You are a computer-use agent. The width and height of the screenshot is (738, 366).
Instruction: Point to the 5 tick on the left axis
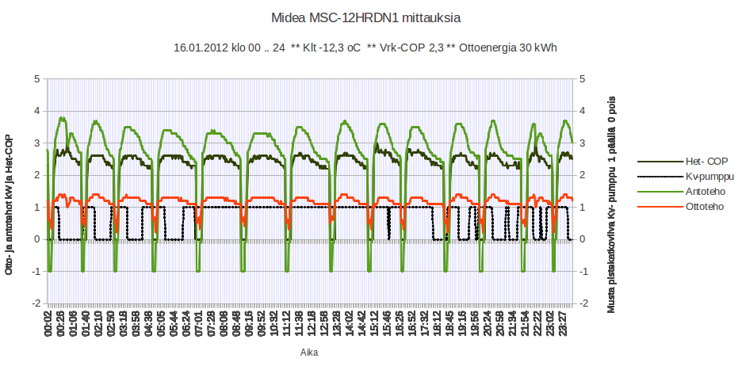pos(36,78)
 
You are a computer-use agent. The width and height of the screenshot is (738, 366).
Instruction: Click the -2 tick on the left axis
pos(34,303)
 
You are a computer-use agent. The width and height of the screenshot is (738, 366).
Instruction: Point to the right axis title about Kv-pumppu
pos(611,204)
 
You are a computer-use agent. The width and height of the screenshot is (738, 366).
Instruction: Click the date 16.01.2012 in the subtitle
pos(201,48)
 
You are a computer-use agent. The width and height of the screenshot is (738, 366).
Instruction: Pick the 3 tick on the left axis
pos(36,143)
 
